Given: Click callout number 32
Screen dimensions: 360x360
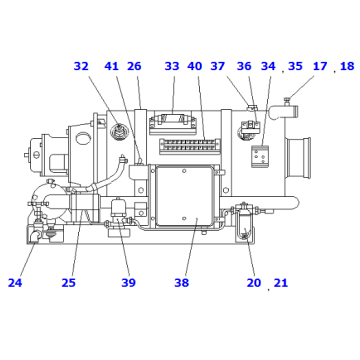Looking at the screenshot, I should (81, 67).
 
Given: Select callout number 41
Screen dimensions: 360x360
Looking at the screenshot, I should (111, 67).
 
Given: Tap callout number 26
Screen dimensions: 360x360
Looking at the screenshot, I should (134, 67).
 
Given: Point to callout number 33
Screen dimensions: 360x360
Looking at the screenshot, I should (172, 67).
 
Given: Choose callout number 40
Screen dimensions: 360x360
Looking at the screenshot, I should (195, 67).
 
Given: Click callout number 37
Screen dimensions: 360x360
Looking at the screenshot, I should (218, 67).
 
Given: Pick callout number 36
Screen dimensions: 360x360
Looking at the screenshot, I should (244, 67).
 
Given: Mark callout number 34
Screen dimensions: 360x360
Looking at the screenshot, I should (268, 67).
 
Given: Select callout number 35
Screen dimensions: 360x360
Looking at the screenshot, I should (295, 67).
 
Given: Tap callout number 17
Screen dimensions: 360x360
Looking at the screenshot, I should (320, 67).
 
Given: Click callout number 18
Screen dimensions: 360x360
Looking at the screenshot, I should (346, 67).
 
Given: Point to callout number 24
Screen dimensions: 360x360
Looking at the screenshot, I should (15, 283).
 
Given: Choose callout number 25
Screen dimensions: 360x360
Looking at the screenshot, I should (68, 283).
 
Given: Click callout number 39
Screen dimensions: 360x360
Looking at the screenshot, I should (128, 283).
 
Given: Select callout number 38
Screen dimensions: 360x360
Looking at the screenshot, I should (181, 283).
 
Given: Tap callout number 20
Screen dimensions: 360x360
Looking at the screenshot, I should (254, 283).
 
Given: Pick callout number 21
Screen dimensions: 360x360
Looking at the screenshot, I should (281, 283).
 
